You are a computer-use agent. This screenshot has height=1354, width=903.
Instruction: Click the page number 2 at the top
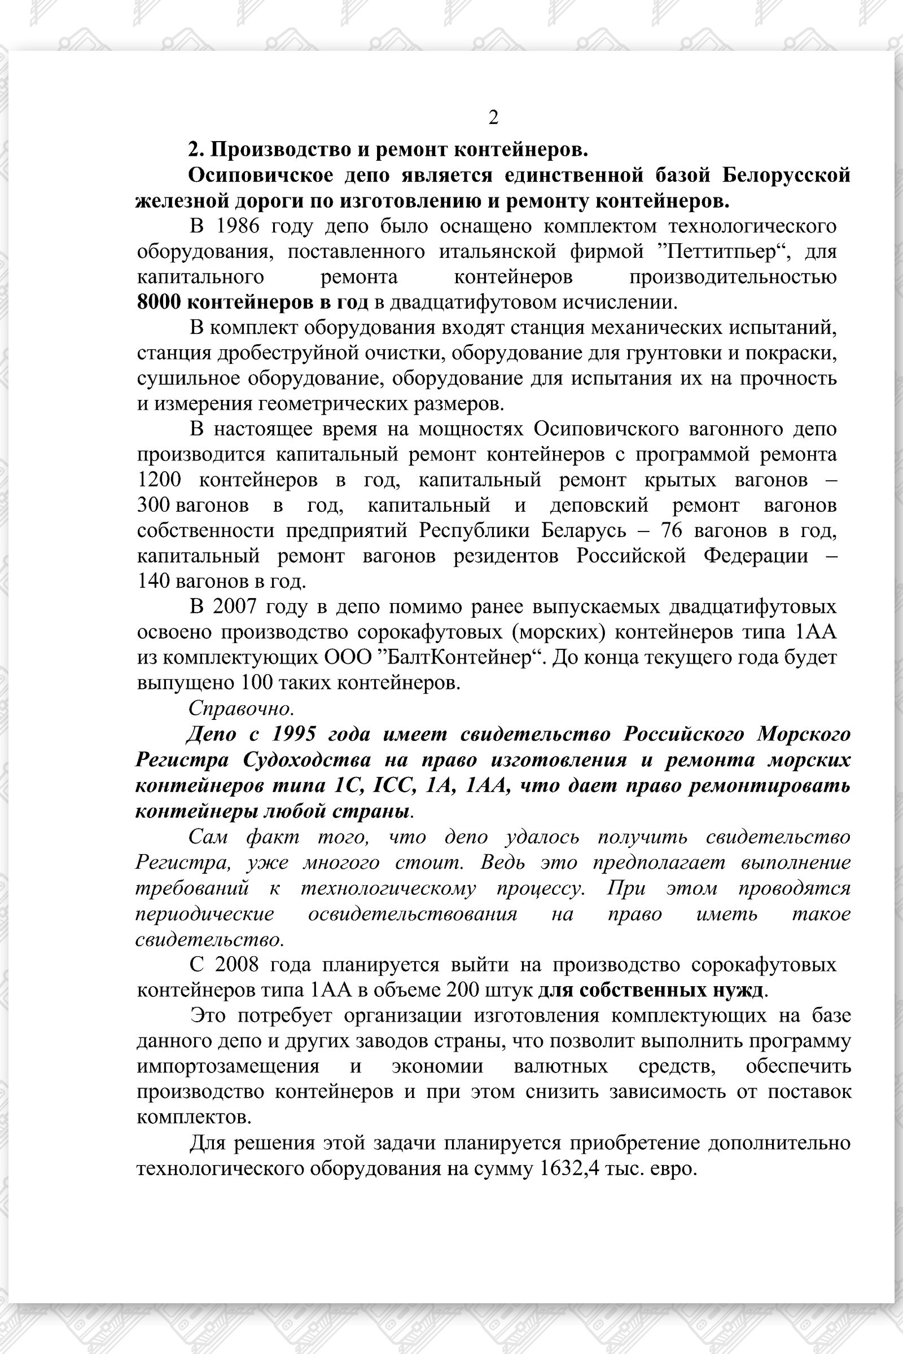pos(493,117)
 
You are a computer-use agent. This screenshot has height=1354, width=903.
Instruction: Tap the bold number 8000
pos(159,302)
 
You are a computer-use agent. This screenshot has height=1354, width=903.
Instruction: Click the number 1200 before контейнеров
pos(159,480)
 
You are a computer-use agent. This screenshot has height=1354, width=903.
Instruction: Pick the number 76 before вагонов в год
pos(671,530)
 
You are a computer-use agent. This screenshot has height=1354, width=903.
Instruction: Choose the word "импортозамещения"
pos(228,1066)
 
